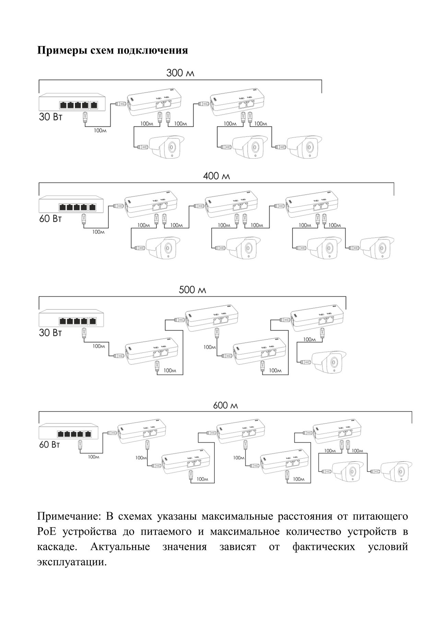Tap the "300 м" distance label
click(180, 73)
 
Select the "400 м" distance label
click(216, 177)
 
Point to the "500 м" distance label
click(192, 290)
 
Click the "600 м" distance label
click(225, 406)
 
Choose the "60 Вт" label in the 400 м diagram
click(50, 218)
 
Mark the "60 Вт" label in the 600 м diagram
click(50, 445)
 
